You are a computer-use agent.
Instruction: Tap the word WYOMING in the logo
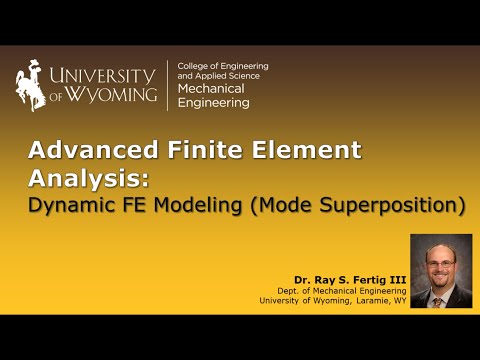(x=116, y=96)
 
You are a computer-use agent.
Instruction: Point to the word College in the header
(x=193, y=65)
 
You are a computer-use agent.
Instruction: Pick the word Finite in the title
(x=206, y=151)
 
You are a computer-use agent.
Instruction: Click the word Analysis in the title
(x=85, y=179)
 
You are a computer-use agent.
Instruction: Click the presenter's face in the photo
(x=441, y=263)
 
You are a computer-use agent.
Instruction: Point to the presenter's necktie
(x=440, y=298)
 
